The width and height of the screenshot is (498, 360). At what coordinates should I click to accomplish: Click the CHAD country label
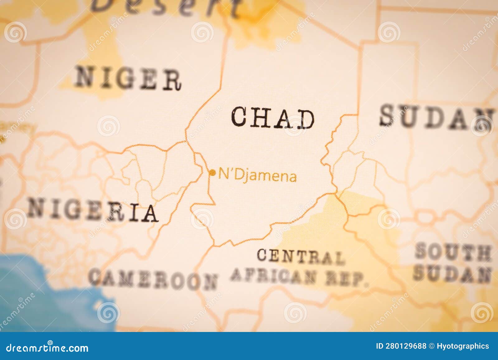point(273,118)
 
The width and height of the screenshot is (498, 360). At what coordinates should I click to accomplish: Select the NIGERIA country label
point(93,211)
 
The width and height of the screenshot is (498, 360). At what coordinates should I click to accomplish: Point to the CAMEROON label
point(153,279)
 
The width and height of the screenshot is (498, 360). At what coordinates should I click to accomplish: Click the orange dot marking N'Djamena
point(212,173)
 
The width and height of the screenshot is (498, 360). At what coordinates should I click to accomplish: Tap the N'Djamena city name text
point(257,176)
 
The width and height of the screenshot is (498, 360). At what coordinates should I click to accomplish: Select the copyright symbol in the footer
point(431,346)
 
